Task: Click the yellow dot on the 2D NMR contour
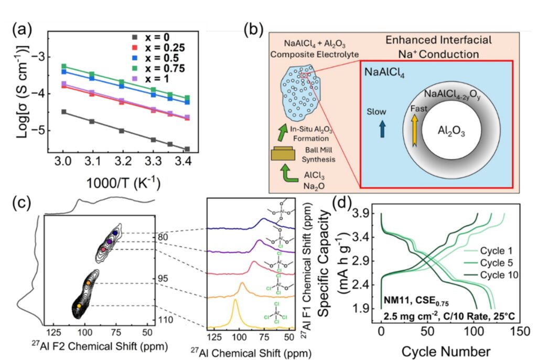point(79,305)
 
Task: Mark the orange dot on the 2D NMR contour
point(88,283)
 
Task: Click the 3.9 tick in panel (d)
point(365,214)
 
